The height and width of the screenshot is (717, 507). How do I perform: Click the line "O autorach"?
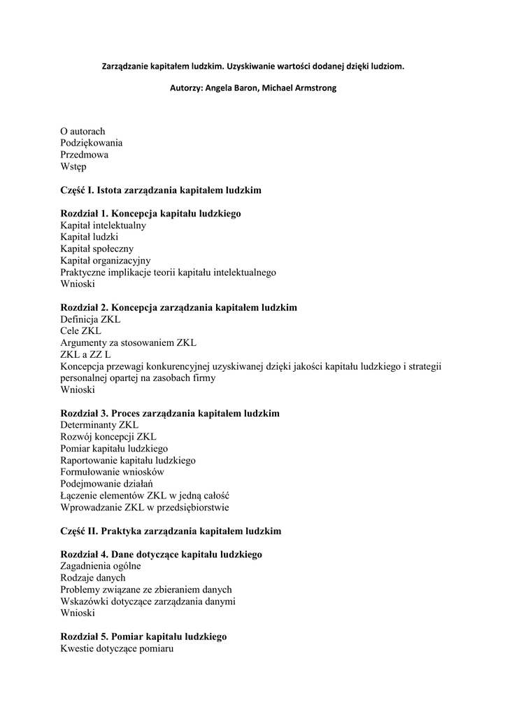click(x=83, y=131)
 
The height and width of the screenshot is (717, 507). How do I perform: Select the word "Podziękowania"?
click(x=91, y=143)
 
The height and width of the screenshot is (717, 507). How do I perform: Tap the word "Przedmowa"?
click(x=84, y=155)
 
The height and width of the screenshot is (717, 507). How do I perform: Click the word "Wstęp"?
click(x=73, y=167)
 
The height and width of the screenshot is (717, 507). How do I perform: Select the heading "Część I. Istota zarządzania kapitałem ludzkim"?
click(x=161, y=190)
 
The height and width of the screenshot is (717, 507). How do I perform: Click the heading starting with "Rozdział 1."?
click(x=150, y=214)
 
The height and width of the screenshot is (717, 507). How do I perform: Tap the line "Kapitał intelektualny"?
click(x=103, y=225)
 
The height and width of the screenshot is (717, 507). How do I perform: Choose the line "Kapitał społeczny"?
click(x=97, y=249)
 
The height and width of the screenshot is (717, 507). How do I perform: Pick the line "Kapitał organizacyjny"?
click(x=105, y=260)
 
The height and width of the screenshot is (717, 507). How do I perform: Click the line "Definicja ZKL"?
click(x=90, y=319)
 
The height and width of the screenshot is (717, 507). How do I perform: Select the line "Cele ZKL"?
click(x=80, y=330)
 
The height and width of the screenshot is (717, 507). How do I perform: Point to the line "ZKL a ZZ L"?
click(x=85, y=354)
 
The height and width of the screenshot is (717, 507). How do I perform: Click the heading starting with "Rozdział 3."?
click(x=170, y=413)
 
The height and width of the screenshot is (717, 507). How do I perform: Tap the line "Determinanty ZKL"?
click(x=99, y=425)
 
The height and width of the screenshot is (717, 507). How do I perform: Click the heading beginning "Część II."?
click(x=171, y=531)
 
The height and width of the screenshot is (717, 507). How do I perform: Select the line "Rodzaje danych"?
click(x=93, y=578)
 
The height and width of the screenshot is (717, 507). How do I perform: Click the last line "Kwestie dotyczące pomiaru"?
click(x=116, y=648)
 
